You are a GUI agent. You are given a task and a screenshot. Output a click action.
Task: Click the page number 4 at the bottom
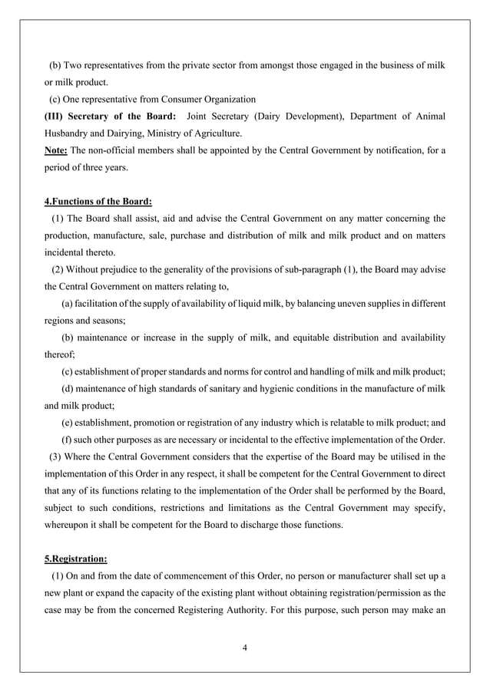point(244,648)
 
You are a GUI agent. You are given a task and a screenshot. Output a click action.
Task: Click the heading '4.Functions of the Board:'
point(98,202)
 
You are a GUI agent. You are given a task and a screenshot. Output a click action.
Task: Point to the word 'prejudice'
point(127,269)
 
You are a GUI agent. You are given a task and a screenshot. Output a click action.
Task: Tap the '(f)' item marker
point(66,440)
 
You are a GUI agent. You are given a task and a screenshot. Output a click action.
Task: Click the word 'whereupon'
point(69,525)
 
